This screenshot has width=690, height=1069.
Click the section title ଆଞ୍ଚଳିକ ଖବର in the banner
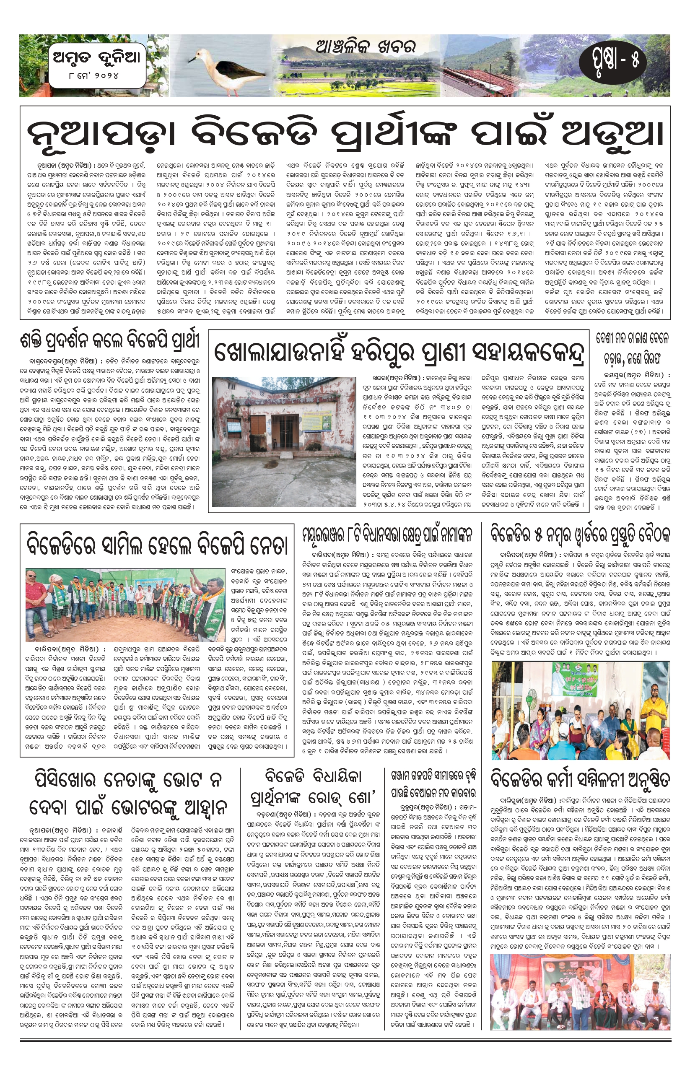pyautogui.click(x=365, y=46)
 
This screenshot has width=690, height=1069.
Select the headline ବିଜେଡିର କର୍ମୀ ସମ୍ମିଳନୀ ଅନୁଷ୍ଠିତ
pyautogui.click(x=580, y=780)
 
